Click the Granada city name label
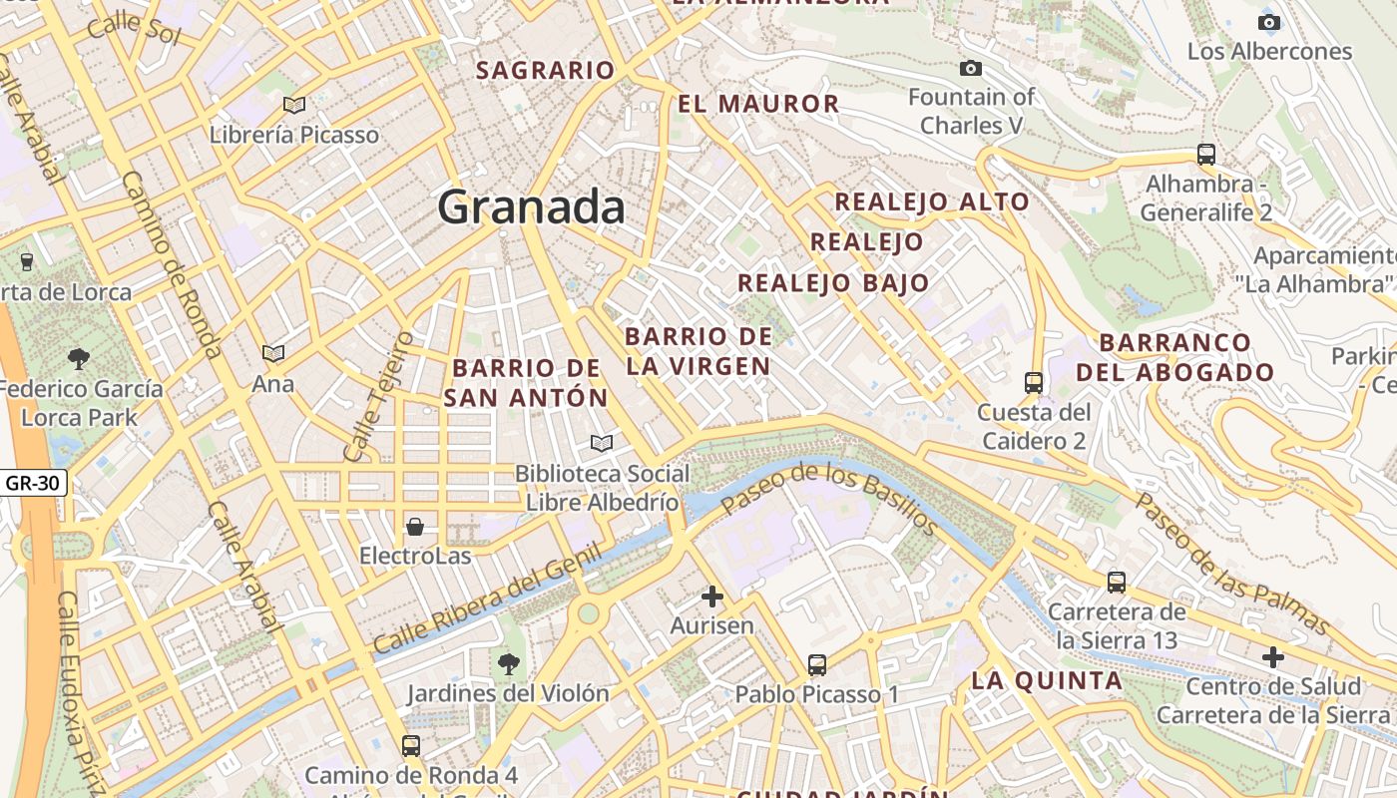click(531, 207)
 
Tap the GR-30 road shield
click(34, 484)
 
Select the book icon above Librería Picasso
click(293, 105)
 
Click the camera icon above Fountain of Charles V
click(970, 68)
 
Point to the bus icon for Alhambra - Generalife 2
click(1206, 155)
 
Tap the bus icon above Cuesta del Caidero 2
click(1034, 383)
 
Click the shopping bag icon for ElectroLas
click(415, 526)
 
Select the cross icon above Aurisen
click(712, 598)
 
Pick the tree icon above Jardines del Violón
click(509, 663)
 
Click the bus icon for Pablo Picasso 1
click(817, 665)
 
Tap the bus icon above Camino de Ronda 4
click(410, 745)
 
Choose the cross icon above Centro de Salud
click(1273, 657)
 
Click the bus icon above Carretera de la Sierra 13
click(1117, 583)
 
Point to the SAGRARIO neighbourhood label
click(545, 71)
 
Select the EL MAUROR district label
click(758, 104)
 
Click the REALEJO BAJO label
click(833, 283)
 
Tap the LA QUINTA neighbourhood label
click(1047, 681)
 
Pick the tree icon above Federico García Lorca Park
click(78, 359)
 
